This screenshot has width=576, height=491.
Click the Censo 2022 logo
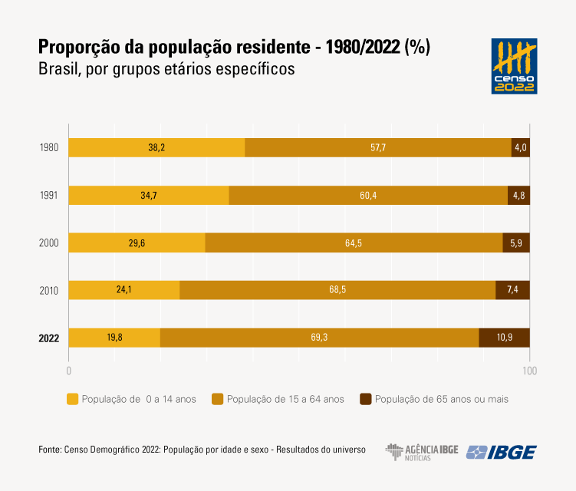[x=514, y=67]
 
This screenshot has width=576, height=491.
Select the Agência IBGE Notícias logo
[x=421, y=452]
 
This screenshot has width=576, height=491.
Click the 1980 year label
[x=49, y=148]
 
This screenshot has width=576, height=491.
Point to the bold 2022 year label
[x=48, y=338]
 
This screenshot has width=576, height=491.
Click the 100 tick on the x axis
[x=529, y=371]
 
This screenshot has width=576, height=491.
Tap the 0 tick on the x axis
[x=69, y=371]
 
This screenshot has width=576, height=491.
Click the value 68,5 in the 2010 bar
[x=337, y=290]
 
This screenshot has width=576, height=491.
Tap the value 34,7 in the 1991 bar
[x=149, y=196]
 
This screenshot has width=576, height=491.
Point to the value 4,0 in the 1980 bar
[x=521, y=147]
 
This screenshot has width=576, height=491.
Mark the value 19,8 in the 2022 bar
[x=114, y=338]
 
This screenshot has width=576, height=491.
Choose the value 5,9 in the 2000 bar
[x=516, y=243]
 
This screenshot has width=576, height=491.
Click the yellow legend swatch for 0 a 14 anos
[x=73, y=399]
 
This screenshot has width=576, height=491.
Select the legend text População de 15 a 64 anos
[x=285, y=399]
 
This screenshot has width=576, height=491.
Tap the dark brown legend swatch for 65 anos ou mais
[x=365, y=399]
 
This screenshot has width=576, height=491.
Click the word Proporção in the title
[x=75, y=47]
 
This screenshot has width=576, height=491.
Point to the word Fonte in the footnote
[x=50, y=450]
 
